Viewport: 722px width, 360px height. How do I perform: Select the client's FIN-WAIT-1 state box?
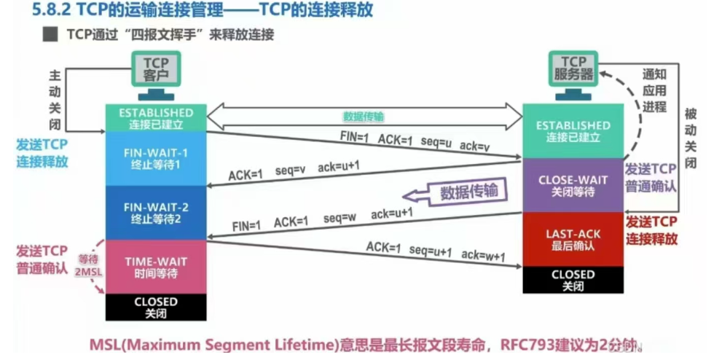156,159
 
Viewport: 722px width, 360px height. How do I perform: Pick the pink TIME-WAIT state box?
156,267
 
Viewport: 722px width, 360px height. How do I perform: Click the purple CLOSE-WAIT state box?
573,185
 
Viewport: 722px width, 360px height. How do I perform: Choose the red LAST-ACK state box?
573,239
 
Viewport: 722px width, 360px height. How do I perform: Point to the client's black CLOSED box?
156,307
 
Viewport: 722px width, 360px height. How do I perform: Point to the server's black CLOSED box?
573,280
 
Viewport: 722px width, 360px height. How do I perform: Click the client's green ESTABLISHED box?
156,118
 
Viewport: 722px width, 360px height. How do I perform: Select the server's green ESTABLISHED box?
573,130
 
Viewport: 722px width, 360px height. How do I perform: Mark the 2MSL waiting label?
89,271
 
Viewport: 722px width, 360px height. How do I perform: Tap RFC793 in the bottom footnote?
527,343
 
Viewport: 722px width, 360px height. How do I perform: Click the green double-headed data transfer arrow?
364,115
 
